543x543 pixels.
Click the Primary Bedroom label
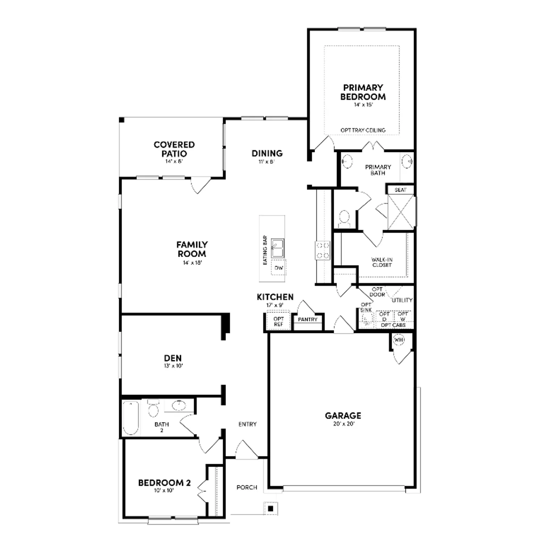coord(363,92)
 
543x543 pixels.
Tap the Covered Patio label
coord(174,149)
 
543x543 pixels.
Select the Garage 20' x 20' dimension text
coord(344,424)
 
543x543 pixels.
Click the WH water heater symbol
coord(399,340)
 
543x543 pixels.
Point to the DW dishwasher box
coord(278,268)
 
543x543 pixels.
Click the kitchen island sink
coord(278,248)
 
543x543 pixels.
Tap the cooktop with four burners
coord(323,251)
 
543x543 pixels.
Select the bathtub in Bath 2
coord(130,418)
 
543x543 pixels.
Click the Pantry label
coord(307,319)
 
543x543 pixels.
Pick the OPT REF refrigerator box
coord(278,321)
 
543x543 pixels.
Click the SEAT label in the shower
coord(400,190)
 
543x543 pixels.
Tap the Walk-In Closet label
coord(382,262)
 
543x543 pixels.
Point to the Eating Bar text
coord(265,250)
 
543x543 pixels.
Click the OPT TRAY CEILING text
coord(363,130)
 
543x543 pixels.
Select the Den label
coord(173,358)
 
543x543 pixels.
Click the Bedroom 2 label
coord(164,483)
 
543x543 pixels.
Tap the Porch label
coord(247,487)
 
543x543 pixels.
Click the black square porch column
coord(270,508)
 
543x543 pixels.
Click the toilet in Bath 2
coord(153,408)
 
